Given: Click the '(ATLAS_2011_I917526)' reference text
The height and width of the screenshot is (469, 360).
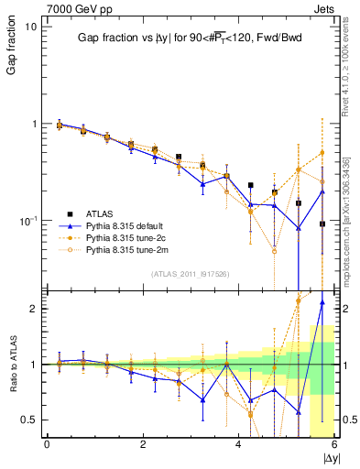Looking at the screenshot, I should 189,273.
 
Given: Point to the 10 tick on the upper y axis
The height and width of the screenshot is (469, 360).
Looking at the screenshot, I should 29,27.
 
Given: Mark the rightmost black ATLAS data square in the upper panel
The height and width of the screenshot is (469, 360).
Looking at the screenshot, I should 322,224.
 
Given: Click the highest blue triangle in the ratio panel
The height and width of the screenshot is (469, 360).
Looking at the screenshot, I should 322,301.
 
